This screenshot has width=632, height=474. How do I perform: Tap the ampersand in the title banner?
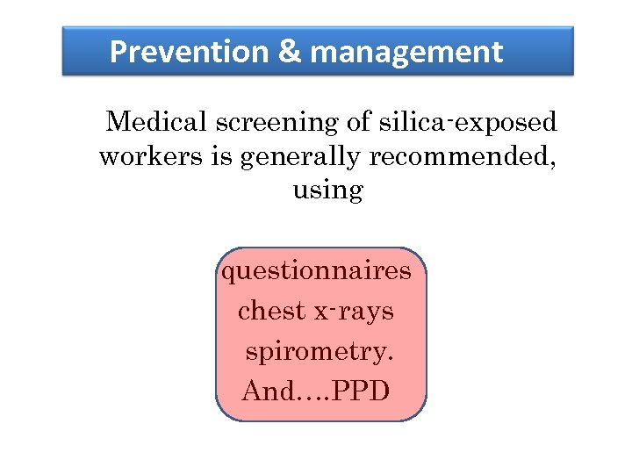tap(289, 53)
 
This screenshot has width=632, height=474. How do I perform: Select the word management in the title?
tap(406, 53)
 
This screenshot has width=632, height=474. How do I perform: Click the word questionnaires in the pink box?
tap(316, 270)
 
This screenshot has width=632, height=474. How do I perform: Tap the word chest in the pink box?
tap(271, 311)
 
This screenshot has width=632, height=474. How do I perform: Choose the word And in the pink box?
tap(267, 391)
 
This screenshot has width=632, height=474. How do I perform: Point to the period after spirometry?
tap(390, 358)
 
